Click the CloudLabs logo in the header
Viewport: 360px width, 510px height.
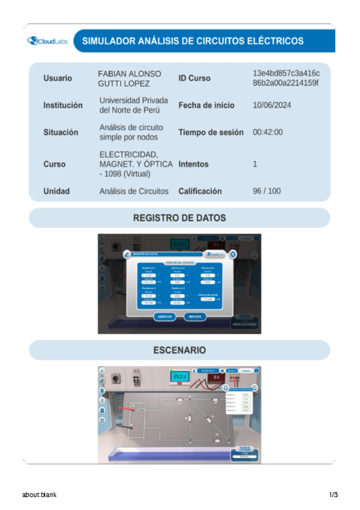(48, 41)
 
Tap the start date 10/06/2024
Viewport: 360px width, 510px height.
(272, 105)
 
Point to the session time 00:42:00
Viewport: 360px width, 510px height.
(268, 132)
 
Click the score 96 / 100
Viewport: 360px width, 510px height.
(267, 191)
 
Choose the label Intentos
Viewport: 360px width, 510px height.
(193, 164)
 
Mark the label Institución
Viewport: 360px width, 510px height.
(63, 105)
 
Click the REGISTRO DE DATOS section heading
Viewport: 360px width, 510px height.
(179, 218)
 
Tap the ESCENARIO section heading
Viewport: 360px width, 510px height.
(179, 350)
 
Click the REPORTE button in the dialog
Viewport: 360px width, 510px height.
(195, 317)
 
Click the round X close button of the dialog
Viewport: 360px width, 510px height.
(233, 254)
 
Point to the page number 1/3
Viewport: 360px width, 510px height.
(334, 495)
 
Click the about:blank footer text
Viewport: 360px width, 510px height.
(39, 495)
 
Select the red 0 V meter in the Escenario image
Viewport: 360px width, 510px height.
(216, 377)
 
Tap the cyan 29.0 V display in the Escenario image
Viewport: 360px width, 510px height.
(180, 376)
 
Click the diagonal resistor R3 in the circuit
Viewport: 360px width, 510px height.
(209, 419)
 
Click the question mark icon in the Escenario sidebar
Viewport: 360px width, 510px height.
(102, 400)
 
